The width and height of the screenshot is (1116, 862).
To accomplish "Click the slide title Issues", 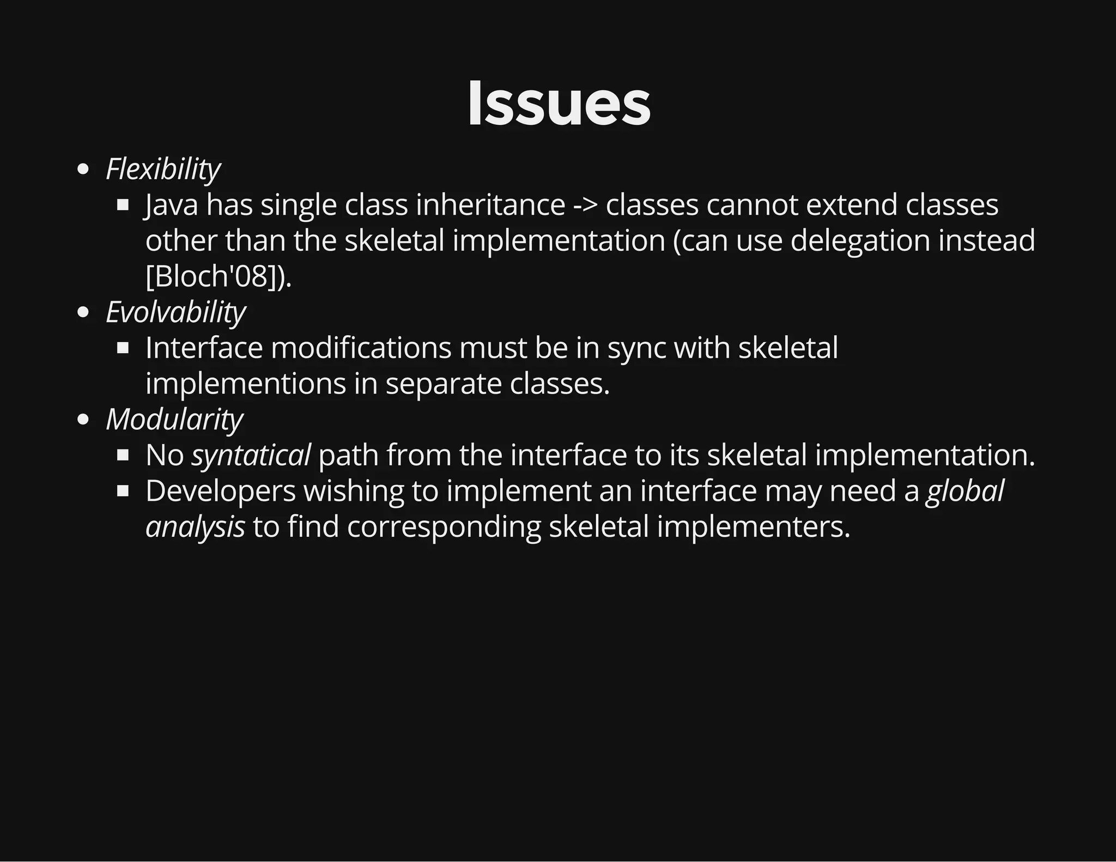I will tap(559, 104).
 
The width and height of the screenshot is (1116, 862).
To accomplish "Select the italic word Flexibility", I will tap(163, 169).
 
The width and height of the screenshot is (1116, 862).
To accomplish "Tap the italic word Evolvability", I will tap(175, 312).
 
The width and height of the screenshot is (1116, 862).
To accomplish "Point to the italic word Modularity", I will tap(174, 420).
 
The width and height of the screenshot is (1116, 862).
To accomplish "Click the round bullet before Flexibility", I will tap(83, 169).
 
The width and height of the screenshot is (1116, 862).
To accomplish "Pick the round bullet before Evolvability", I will tap(83, 313).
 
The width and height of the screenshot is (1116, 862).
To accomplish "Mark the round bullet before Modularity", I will tap(83, 420).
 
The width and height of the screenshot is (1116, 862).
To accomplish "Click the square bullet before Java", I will tap(123, 205).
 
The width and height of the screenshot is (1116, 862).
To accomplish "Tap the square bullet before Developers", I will tap(123, 491).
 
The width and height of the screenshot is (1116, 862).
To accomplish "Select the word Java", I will tap(171, 205).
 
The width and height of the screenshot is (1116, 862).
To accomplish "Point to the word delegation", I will tap(859, 241).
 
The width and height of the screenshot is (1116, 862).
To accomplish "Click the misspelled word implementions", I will tap(246, 384).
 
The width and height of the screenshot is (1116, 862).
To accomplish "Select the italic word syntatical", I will tap(251, 456).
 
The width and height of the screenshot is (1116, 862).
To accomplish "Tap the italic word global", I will tap(965, 491).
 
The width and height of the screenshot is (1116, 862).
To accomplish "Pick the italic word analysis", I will tap(195, 527).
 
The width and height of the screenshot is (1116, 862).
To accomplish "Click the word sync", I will tap(636, 348).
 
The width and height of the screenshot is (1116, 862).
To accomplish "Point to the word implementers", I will tap(753, 527).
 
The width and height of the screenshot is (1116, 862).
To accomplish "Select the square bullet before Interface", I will tap(123, 348).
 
